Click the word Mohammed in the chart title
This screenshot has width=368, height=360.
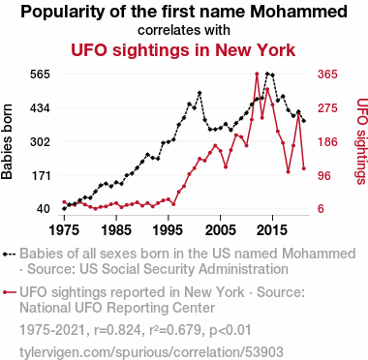pos(298,12)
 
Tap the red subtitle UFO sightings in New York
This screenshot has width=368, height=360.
pos(183,50)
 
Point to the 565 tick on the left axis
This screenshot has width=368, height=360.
pos(40,75)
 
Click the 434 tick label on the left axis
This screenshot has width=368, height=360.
pos(40,108)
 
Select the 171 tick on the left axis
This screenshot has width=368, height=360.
pos(40,175)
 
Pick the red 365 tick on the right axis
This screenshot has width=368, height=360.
pos(327,75)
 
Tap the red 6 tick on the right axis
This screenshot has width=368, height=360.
pos(321,209)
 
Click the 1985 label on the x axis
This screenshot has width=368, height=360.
pos(116,230)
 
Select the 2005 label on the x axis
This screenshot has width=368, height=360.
pos(220,230)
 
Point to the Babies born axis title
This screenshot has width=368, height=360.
pos(7,141)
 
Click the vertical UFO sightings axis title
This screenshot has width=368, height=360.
pos(362,141)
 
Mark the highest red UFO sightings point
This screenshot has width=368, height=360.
pos(257,74)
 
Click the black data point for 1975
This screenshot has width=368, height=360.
pos(64,209)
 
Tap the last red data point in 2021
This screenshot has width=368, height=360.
pos(304,168)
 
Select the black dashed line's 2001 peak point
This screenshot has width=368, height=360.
pos(199,93)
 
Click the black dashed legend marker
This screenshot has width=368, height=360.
pos(10,255)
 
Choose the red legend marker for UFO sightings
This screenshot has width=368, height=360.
pos(10,292)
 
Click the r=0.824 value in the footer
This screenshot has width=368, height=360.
pos(117,330)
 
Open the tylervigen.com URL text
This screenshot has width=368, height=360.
pos(151,352)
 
